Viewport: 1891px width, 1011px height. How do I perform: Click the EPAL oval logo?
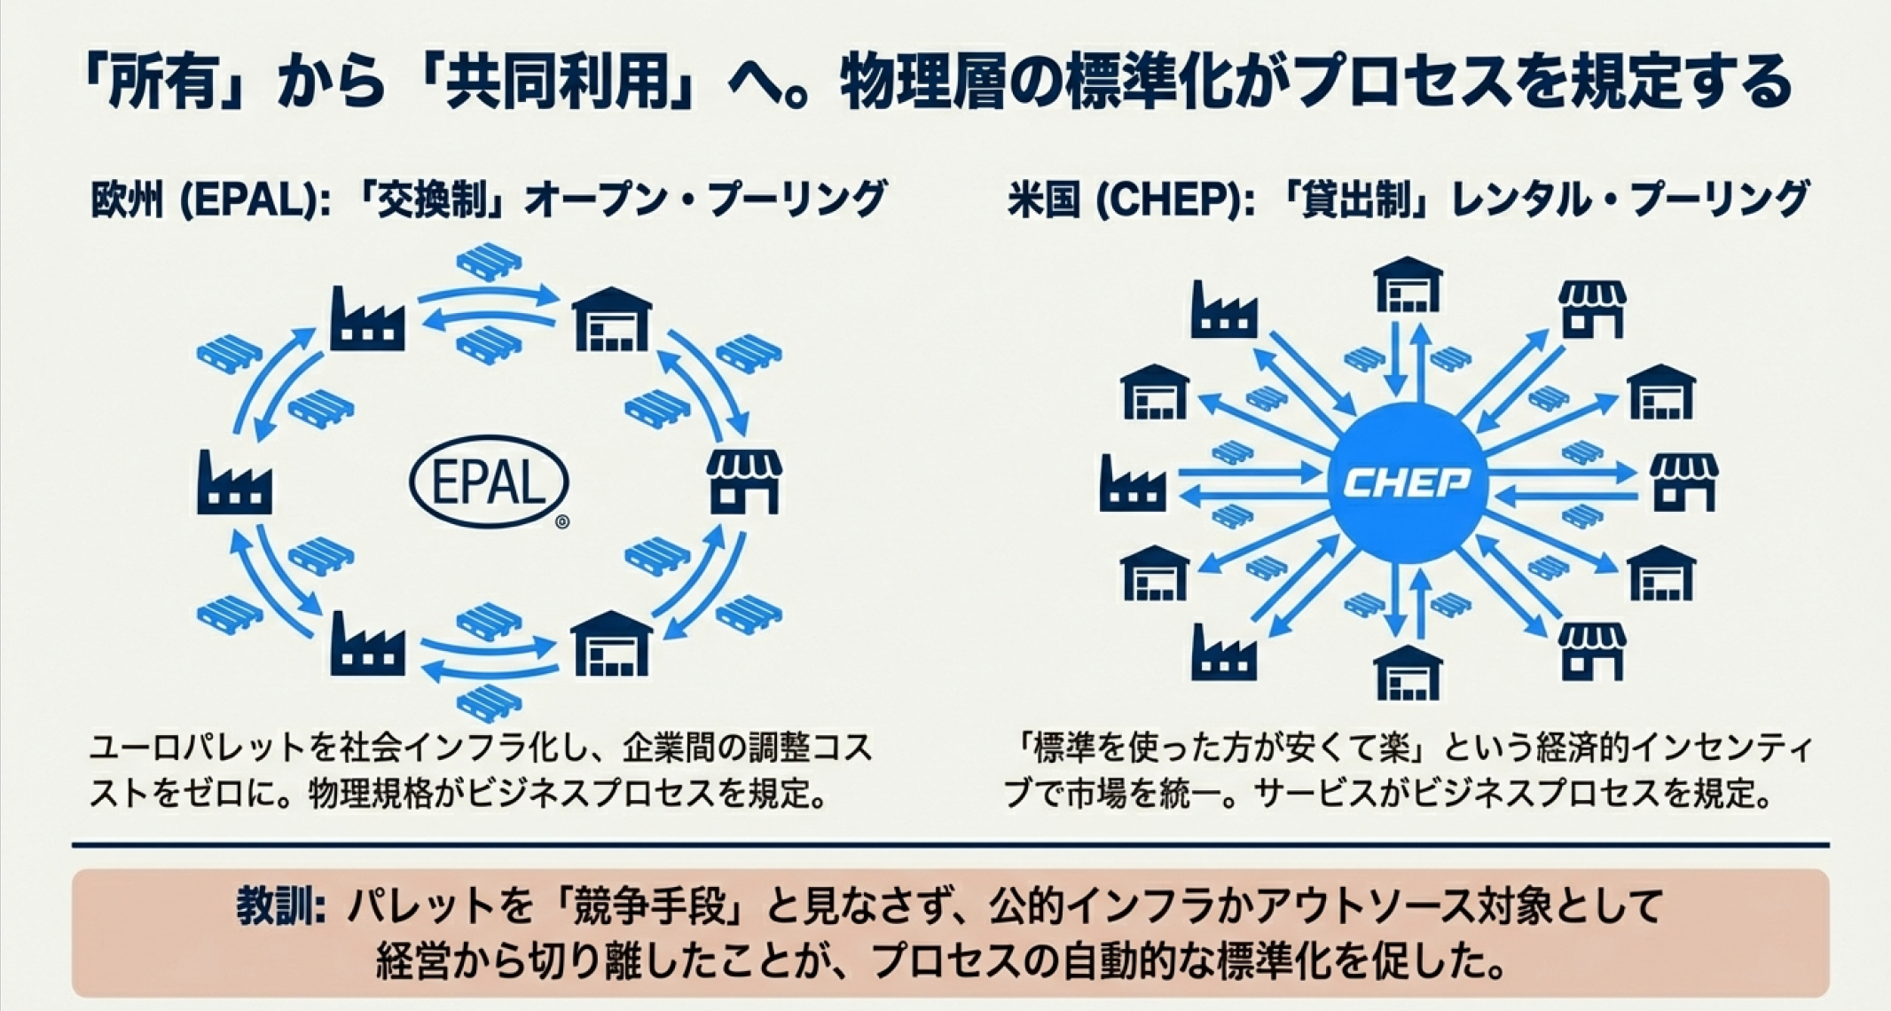pyautogui.click(x=489, y=482)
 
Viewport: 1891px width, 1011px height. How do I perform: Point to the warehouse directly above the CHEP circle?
pyautogui.click(x=1408, y=286)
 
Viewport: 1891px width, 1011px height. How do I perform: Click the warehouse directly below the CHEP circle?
pyautogui.click(x=1408, y=671)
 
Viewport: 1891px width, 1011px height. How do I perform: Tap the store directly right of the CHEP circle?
pyautogui.click(x=1683, y=482)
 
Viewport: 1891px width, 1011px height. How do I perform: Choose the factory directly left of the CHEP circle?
pyautogui.click(x=1133, y=484)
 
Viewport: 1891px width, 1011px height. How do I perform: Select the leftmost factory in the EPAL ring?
pyautogui.click(x=234, y=484)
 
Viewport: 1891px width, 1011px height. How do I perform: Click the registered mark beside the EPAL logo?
pyautogui.click(x=562, y=522)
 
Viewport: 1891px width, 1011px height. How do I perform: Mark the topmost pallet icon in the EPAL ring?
pyautogui.click(x=489, y=263)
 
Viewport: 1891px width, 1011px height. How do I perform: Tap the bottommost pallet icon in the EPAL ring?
pyautogui.click(x=489, y=702)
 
